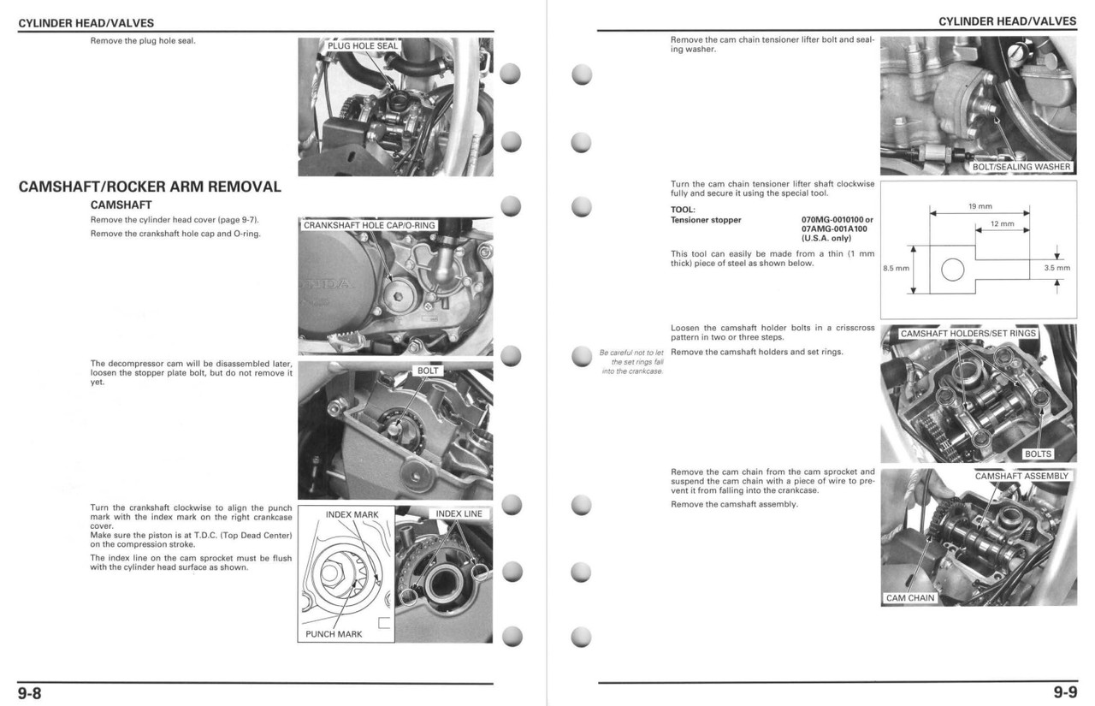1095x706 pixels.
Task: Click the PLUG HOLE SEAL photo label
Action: click(x=364, y=46)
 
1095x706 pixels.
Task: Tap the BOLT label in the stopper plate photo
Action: click(x=428, y=371)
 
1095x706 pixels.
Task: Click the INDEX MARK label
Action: click(x=352, y=514)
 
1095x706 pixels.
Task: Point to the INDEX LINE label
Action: click(x=459, y=513)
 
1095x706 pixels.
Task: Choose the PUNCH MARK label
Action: click(x=334, y=634)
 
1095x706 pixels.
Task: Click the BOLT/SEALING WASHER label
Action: click(x=1021, y=167)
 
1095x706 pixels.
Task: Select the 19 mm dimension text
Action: click(x=980, y=206)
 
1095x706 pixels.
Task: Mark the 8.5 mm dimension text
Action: click(x=895, y=269)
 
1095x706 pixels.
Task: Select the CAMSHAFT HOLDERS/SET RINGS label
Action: click(x=968, y=333)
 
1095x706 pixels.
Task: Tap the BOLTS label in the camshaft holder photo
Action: click(x=1038, y=454)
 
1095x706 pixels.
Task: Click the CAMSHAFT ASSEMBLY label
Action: click(x=1021, y=476)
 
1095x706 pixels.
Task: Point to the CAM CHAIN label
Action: click(x=910, y=598)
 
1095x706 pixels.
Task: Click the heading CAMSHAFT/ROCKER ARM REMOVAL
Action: click(x=150, y=187)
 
